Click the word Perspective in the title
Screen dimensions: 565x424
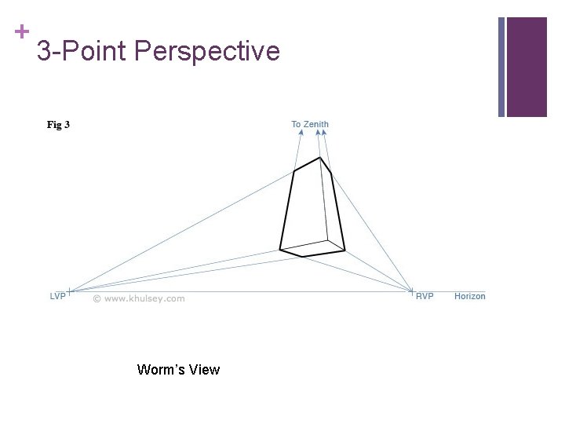click(x=207, y=51)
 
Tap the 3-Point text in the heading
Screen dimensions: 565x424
click(x=83, y=51)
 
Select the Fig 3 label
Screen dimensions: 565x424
click(x=58, y=125)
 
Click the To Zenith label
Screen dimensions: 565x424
click(x=310, y=124)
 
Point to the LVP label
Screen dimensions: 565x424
click(x=58, y=296)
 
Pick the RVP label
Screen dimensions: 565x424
click(x=425, y=296)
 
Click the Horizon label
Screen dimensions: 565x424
click(x=469, y=296)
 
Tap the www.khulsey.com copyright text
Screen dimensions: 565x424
click(x=139, y=298)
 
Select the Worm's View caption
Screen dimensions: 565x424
click(x=178, y=369)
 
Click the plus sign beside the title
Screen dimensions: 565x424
click(x=21, y=31)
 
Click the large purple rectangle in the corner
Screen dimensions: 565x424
click(x=527, y=67)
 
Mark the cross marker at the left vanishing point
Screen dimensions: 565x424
click(x=70, y=291)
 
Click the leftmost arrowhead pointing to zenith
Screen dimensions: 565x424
click(x=301, y=133)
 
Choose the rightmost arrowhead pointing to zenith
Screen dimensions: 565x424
click(x=324, y=133)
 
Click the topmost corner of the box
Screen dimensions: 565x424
click(x=319, y=158)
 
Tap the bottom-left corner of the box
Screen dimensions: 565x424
click(x=280, y=250)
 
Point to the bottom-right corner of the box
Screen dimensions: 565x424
click(x=345, y=250)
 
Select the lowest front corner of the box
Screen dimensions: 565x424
click(x=303, y=257)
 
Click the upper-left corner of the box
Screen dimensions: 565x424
click(x=294, y=170)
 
